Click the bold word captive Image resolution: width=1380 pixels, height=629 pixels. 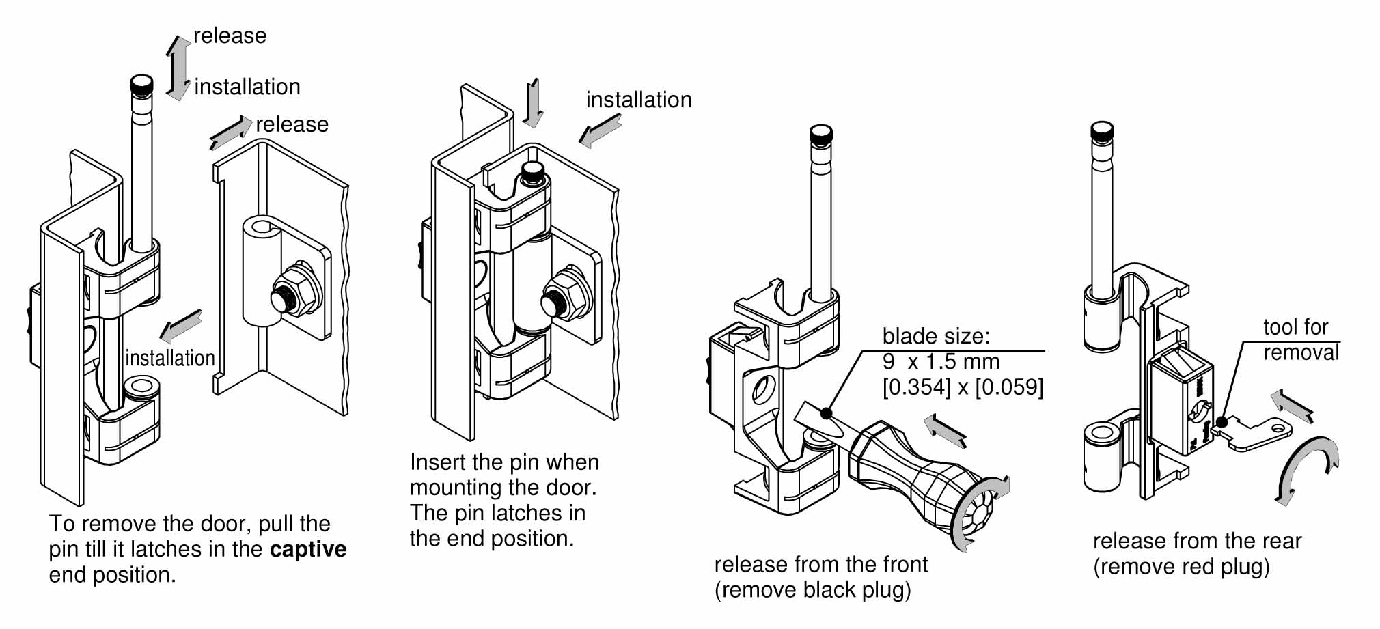tap(308, 549)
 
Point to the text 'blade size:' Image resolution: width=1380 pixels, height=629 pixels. tap(935, 336)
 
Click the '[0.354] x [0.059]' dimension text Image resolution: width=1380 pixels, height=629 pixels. tap(963, 387)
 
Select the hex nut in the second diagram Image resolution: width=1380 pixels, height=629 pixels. tap(567, 294)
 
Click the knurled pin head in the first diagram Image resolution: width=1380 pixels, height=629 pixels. tap(142, 85)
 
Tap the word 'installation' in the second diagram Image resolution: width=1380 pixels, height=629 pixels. tap(639, 100)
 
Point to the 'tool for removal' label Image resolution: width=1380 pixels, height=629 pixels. tap(1300, 339)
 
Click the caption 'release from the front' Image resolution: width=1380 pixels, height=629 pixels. tap(820, 564)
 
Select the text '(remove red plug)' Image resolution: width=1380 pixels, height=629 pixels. tap(1181, 567)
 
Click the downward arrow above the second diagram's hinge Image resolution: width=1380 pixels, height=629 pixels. tap(533, 102)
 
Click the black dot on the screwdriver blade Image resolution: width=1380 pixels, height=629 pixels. tap(827, 413)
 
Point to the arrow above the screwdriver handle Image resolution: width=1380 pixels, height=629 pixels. tap(945, 430)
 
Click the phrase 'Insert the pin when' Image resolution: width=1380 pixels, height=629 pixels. tap(504, 462)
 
